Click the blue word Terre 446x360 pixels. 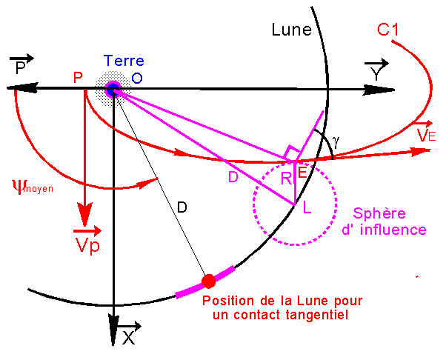[124, 61]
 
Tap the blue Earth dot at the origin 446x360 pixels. [113, 90]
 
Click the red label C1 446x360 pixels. [389, 31]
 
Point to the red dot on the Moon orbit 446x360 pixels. [208, 281]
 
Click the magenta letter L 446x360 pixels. [307, 210]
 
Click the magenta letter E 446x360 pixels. [302, 173]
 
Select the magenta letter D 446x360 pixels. [233, 178]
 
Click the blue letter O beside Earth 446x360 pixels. [136, 78]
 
